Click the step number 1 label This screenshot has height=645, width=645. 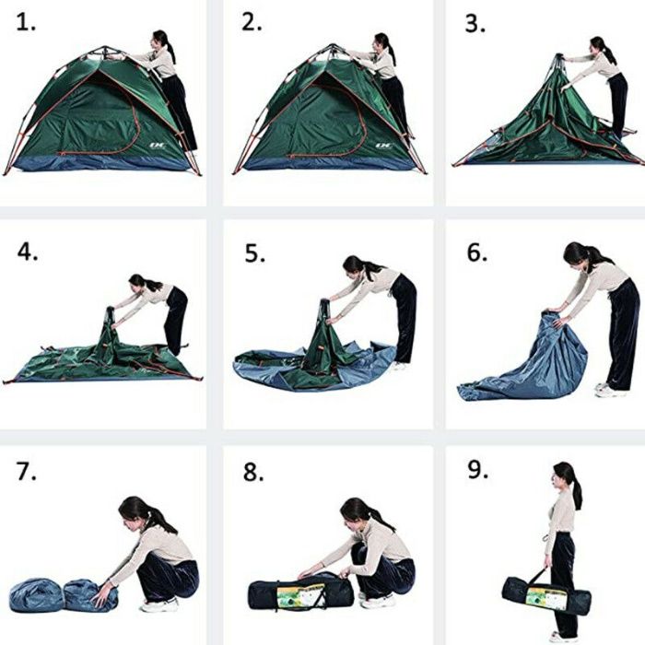[x=26, y=23]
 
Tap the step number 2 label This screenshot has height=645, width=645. [x=252, y=23]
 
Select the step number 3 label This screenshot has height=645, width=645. [x=475, y=24]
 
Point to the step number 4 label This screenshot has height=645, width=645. [x=28, y=252]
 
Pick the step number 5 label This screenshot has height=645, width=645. [x=254, y=253]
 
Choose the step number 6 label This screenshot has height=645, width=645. [x=477, y=252]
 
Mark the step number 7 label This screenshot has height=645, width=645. [x=27, y=471]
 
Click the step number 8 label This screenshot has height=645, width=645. [x=253, y=472]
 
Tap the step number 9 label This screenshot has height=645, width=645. [x=478, y=469]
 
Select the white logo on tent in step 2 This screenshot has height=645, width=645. [x=384, y=146]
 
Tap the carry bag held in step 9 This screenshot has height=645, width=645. [x=545, y=593]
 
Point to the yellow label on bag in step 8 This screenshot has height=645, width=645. [x=300, y=596]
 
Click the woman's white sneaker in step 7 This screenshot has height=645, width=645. [x=159, y=605]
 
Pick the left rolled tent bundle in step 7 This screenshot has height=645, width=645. [x=36, y=595]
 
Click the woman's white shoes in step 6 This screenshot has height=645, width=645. [x=610, y=389]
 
